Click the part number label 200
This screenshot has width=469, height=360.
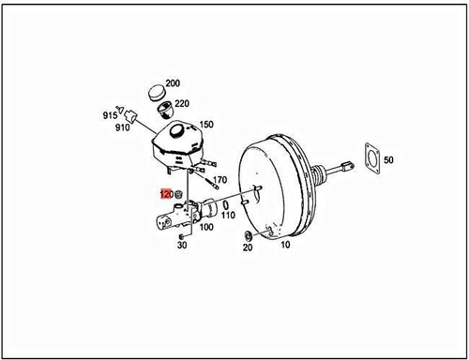click(x=173, y=83)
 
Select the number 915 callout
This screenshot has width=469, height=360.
click(x=110, y=115)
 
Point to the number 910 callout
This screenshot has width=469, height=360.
click(x=122, y=127)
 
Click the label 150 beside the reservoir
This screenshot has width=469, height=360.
click(x=205, y=125)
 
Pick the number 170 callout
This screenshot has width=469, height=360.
click(x=220, y=179)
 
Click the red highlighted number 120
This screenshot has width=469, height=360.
click(x=165, y=195)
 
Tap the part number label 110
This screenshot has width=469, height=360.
click(x=228, y=215)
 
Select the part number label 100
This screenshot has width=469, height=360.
click(x=205, y=227)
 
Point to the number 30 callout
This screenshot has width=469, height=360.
click(x=181, y=246)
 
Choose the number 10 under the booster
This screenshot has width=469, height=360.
click(x=284, y=245)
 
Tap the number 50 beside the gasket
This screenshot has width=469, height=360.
click(x=388, y=160)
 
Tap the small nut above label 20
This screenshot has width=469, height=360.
click(x=247, y=233)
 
